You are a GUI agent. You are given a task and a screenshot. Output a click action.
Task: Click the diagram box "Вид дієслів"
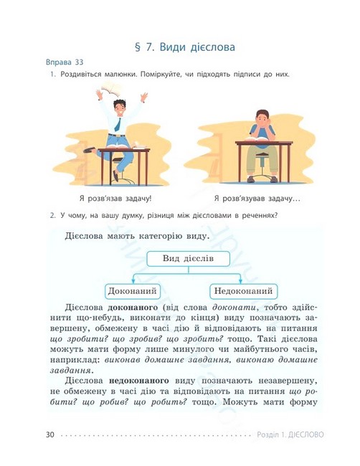[186, 259]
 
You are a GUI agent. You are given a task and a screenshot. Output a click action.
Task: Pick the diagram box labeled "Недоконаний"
[243, 291]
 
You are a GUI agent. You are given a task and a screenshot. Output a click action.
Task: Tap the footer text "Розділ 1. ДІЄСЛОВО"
[290, 434]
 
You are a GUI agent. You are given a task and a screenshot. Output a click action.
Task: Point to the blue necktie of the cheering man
[117, 123]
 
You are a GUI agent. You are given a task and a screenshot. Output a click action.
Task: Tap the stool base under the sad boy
[260, 178]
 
